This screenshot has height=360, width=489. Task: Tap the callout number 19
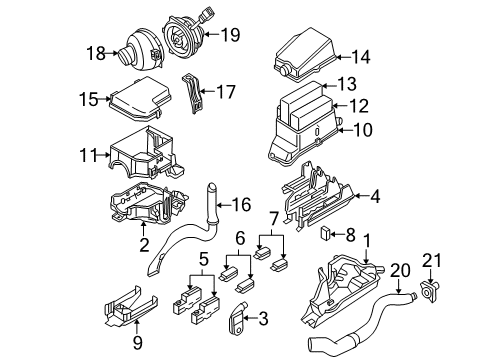click(x=232, y=37)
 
